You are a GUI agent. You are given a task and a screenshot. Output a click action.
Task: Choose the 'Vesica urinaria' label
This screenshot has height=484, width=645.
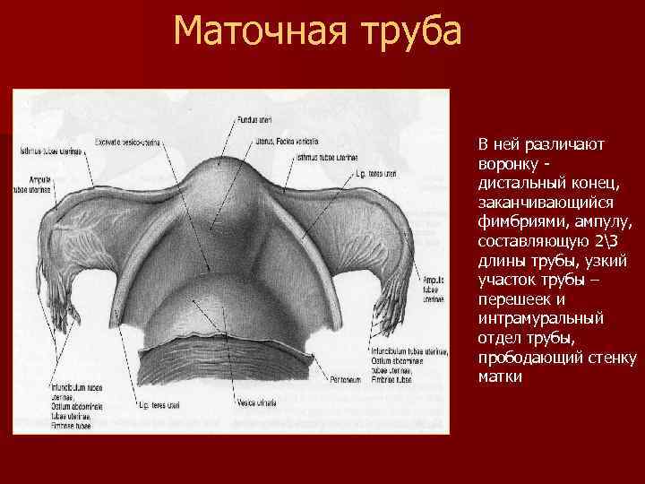click(x=257, y=404)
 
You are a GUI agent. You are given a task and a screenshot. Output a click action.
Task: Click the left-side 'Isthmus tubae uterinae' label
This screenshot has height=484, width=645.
click(x=49, y=151)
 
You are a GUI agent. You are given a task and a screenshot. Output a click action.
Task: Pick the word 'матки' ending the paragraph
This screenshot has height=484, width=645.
click(x=498, y=376)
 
